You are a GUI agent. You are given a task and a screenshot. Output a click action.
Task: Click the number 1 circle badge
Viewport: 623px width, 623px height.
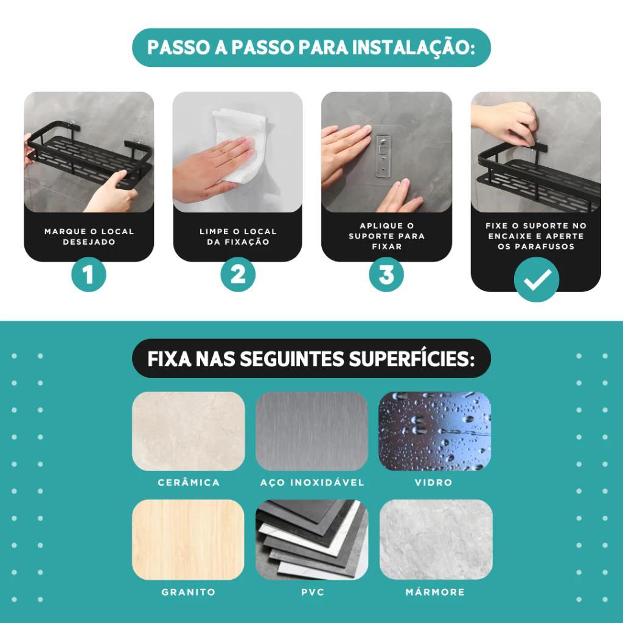click(89, 274)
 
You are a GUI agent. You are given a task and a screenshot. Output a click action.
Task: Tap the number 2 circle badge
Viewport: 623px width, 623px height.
click(238, 274)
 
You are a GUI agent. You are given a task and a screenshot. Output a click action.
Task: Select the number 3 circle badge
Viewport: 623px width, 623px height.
click(386, 274)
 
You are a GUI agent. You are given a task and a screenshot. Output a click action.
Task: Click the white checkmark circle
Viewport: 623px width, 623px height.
click(537, 279)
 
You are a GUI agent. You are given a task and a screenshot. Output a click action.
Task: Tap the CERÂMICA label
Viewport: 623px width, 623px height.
click(189, 482)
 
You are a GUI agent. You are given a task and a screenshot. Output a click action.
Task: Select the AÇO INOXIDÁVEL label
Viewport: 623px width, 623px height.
click(312, 482)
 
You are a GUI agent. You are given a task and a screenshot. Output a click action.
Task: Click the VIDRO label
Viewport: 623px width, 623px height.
click(433, 482)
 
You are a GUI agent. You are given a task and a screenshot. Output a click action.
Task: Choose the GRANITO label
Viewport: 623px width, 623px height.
click(189, 592)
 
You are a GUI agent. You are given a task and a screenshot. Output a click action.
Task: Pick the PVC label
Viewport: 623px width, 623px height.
click(312, 592)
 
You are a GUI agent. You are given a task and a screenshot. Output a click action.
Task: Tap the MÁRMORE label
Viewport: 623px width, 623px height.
click(435, 592)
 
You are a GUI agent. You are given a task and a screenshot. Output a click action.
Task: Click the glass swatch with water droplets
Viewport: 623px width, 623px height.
click(434, 431)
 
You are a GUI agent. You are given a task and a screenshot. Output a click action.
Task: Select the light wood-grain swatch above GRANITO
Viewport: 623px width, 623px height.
click(189, 540)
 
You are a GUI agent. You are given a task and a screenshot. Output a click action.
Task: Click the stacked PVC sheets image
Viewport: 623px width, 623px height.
click(312, 540)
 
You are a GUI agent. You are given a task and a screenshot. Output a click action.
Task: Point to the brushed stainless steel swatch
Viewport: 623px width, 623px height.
click(312, 431)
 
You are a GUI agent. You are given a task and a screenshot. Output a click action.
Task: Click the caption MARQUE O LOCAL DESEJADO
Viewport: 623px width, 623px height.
click(89, 237)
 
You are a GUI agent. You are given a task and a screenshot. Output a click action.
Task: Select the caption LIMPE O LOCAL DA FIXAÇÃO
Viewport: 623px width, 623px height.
click(238, 237)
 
